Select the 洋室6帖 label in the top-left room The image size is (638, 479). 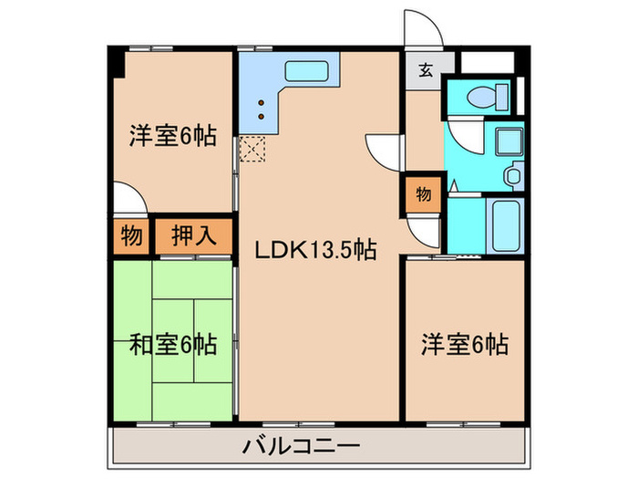(172, 137)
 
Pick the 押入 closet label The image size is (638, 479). (194, 237)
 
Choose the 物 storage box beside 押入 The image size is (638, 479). (131, 237)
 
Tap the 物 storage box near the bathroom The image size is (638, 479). (424, 193)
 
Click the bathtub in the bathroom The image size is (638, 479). (503, 224)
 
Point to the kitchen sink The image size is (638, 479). (311, 70)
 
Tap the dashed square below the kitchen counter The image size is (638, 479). (252, 148)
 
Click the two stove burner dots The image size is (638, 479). (261, 109)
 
